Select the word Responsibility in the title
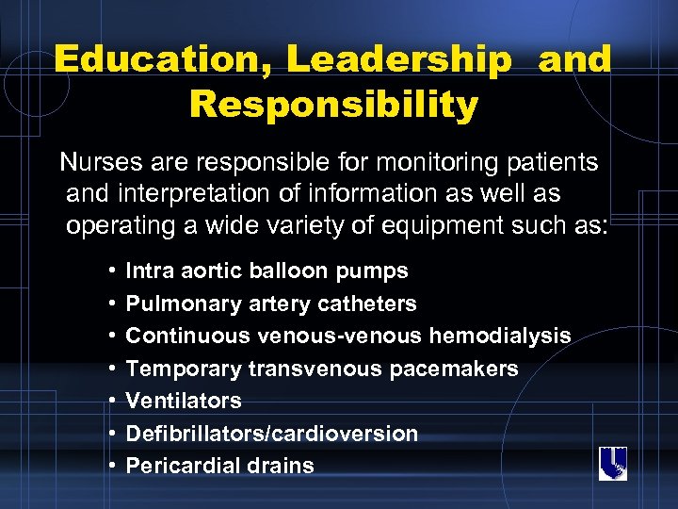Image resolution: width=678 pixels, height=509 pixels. (x=333, y=104)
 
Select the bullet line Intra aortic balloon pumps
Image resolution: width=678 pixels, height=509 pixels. (x=266, y=271)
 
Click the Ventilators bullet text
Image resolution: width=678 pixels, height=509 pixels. (x=184, y=401)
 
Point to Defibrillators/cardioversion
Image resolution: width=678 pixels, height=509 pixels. (x=271, y=434)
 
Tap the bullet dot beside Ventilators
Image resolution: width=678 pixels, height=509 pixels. (x=112, y=402)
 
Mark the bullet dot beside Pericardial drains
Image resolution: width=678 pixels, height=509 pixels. (x=112, y=466)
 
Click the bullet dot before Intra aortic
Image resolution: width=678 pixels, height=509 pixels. (x=112, y=271)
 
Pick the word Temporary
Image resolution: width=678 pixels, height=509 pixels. (x=175, y=369)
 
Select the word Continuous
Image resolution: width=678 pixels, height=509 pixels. (x=180, y=337)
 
